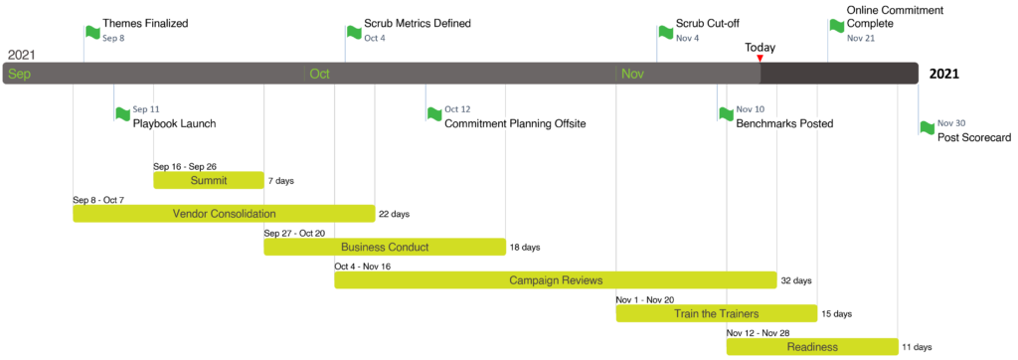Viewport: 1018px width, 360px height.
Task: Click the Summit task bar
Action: tap(209, 180)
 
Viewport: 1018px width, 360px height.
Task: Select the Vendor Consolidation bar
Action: tap(224, 214)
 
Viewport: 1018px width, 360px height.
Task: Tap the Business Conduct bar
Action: tap(385, 247)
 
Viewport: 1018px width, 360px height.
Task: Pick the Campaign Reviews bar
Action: tap(556, 280)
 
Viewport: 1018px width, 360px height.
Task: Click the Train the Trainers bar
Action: tap(716, 313)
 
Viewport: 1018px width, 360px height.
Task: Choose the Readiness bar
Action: tap(812, 346)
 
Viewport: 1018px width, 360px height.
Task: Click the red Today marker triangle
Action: tap(761, 59)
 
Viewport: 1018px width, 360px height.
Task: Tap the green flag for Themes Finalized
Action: tap(92, 31)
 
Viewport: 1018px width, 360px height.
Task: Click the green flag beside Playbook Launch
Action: tap(122, 113)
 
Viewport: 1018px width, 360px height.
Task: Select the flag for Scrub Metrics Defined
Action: tap(354, 31)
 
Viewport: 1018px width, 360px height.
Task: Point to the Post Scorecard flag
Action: tap(928, 127)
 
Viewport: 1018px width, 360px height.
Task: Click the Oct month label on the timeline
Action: tap(319, 74)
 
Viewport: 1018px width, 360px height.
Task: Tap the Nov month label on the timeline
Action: tap(632, 74)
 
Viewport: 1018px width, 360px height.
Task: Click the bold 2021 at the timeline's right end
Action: tap(944, 74)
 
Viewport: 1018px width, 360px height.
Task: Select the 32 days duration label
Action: tap(796, 280)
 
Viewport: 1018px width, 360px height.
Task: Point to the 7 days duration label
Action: tap(280, 181)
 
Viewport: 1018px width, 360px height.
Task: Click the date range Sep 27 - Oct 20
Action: tap(294, 234)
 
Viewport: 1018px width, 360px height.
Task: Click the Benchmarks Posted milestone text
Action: tap(784, 123)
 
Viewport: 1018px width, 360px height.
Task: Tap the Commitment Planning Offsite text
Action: tap(515, 123)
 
